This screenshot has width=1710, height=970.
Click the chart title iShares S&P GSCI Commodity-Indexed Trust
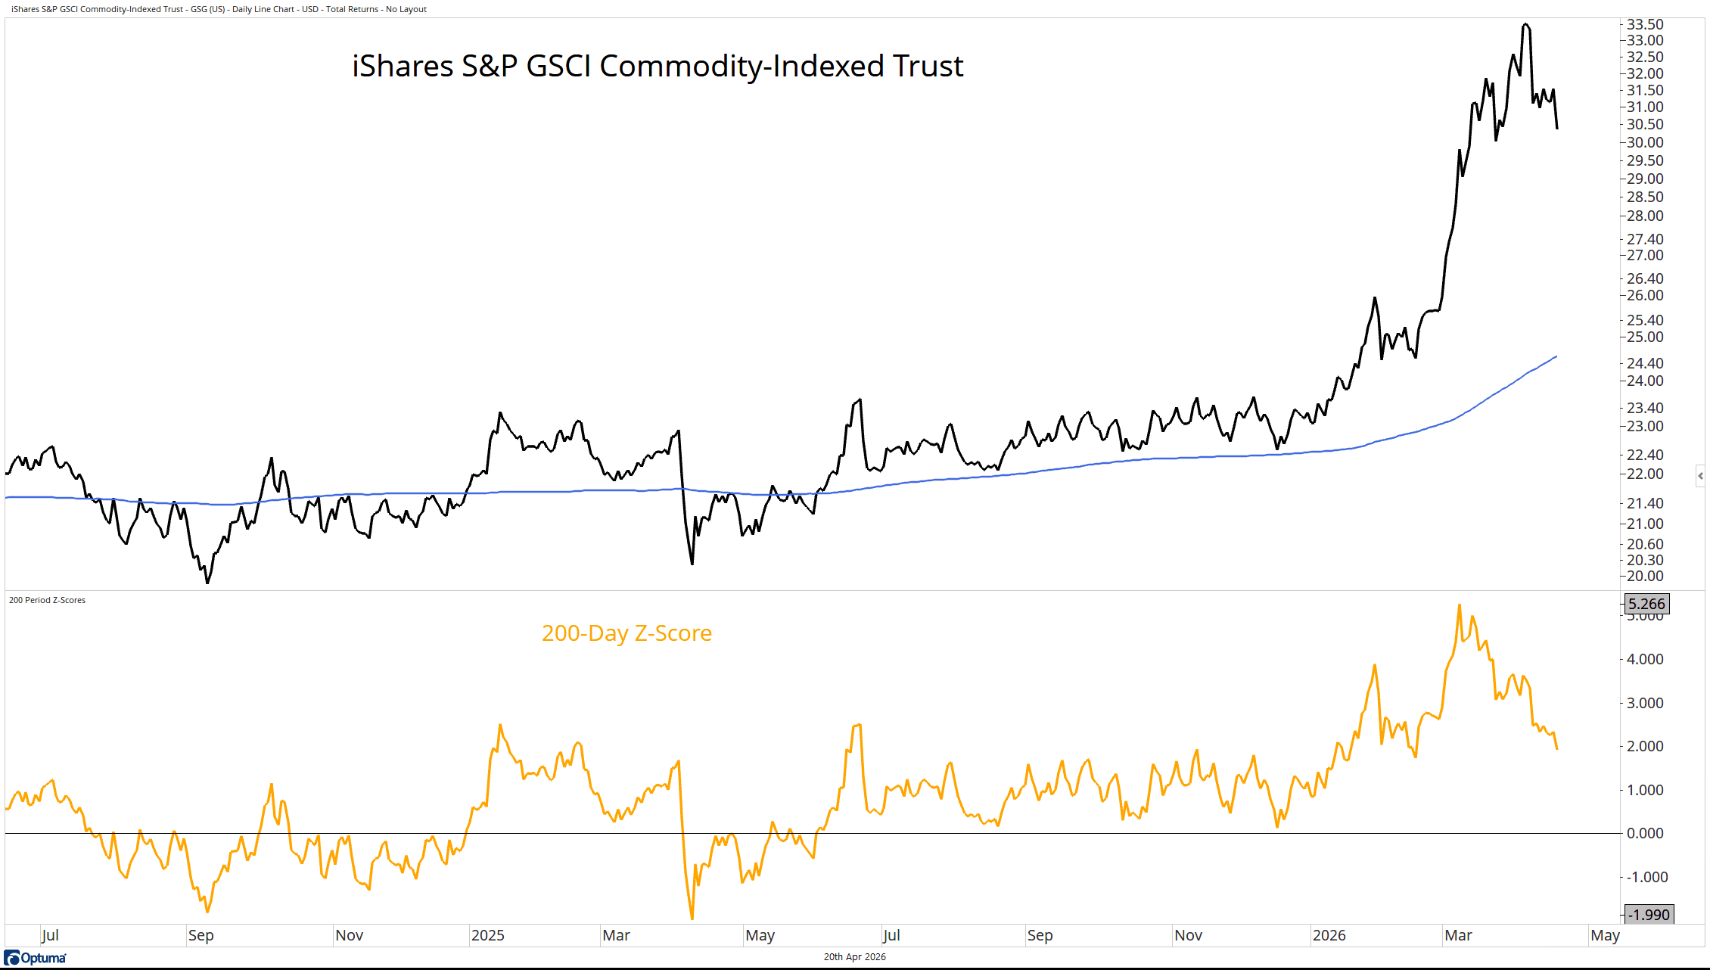(658, 67)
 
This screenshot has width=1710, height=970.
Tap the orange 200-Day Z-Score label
(626, 633)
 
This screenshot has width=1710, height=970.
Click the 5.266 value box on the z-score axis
(1646, 604)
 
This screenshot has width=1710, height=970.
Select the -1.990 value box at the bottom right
(1649, 915)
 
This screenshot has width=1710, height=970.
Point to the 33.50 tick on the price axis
(1645, 24)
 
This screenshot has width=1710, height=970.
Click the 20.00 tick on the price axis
(1645, 576)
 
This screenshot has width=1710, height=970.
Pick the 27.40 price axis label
(1645, 239)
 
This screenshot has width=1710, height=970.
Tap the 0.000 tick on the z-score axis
(1645, 833)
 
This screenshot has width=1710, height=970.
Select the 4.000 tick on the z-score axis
(1645, 659)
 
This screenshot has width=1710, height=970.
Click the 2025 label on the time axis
(487, 935)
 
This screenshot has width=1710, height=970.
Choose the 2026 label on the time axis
(1329, 935)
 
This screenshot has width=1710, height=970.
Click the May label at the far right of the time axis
(1605, 935)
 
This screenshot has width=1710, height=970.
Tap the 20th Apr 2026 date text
(854, 957)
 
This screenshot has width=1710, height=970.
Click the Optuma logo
(36, 958)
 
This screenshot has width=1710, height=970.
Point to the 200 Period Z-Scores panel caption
(47, 600)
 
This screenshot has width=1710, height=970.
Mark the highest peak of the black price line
(1525, 24)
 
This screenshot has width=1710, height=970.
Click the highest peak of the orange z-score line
(1460, 605)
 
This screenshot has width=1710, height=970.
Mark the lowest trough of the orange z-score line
(692, 919)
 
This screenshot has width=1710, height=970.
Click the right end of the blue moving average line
(1556, 356)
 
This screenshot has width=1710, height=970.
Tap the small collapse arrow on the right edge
(1700, 476)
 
